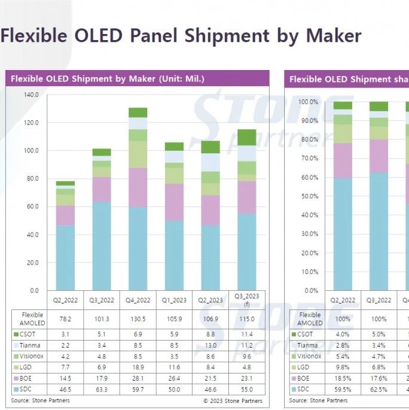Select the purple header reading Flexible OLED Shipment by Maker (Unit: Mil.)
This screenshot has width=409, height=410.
tap(108, 79)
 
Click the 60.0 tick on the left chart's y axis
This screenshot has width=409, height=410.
tap(31, 206)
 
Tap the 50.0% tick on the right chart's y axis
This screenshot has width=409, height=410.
tap(309, 196)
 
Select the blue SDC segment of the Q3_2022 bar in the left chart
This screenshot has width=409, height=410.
tap(101, 246)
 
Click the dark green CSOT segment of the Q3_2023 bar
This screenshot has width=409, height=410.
tap(247, 137)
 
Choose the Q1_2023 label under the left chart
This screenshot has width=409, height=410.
tap(174, 300)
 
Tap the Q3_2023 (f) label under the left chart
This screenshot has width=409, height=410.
tap(247, 300)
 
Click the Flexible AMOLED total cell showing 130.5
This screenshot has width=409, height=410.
tap(138, 318)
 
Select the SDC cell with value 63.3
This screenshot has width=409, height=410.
tap(101, 390)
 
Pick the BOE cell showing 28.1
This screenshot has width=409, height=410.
tap(138, 378)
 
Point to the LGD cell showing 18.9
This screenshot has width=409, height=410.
tap(138, 367)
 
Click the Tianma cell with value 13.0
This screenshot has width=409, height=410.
tap(210, 345)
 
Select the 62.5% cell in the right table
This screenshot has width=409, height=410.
tap(383, 390)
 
